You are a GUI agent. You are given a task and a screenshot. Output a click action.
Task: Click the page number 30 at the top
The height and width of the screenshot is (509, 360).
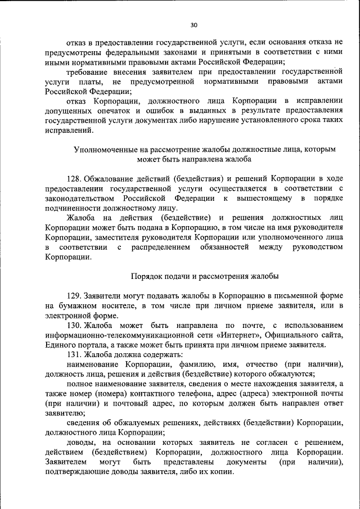(193, 25)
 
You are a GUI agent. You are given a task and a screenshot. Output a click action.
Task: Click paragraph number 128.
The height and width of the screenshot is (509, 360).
(74, 178)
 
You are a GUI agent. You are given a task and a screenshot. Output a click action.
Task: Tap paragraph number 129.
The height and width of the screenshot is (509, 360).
(74, 295)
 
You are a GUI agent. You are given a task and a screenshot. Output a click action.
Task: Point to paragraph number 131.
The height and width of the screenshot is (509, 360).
(74, 354)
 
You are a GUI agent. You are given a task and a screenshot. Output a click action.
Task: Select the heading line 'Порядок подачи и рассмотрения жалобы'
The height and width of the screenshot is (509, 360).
(204, 276)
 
